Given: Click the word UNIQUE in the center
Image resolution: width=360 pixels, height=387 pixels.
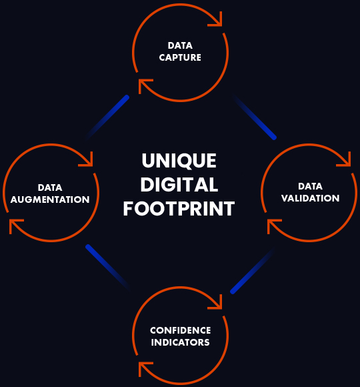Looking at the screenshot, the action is [x=179, y=161].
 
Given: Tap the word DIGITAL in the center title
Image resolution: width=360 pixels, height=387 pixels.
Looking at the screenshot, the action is [x=179, y=184].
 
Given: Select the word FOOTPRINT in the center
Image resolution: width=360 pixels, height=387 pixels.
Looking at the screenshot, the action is [x=179, y=209].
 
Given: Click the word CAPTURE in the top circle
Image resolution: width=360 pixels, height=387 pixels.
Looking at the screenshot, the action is [x=180, y=57].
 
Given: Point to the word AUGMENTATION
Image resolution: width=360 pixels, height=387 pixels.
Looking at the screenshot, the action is [x=50, y=200].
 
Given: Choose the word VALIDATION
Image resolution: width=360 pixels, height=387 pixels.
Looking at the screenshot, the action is [x=311, y=198].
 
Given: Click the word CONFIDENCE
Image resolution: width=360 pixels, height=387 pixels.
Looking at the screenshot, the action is [x=180, y=330].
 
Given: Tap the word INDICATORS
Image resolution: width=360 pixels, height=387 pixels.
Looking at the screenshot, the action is [x=180, y=342].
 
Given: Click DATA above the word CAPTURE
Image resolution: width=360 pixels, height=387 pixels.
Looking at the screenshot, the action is [x=180, y=45].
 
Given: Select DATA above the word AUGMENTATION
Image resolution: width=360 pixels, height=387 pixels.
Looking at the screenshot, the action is [x=50, y=187].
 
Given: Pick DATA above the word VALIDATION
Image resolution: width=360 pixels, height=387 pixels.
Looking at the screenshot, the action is [x=310, y=186].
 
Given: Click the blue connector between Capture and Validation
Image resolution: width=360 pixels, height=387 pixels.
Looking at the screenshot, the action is [x=255, y=117].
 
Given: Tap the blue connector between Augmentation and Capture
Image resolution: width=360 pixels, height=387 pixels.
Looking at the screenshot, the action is [x=107, y=117].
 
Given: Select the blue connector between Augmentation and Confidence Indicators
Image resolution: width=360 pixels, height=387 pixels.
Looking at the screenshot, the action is [x=108, y=267].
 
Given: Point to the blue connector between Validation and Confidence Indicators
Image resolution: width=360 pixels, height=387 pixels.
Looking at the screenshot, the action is [x=253, y=271].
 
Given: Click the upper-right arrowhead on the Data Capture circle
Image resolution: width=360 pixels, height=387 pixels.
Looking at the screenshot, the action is [x=217, y=21].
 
